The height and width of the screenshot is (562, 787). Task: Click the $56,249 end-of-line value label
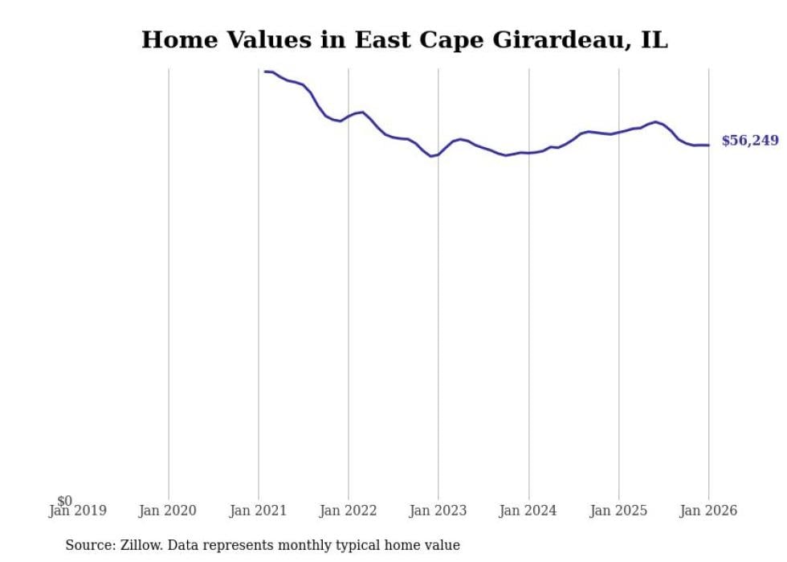749,141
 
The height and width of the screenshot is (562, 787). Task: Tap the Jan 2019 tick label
78,511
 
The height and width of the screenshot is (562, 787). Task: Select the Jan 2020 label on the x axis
168,511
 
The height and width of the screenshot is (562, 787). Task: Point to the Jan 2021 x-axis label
258,511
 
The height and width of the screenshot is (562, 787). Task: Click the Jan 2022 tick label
348,511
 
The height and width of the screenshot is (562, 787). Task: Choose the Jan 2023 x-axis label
438,511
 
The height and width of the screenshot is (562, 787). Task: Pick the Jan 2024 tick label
528,511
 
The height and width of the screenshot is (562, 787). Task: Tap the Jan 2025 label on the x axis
618,511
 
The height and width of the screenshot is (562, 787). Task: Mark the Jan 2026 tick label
707,511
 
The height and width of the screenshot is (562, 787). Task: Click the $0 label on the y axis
64,501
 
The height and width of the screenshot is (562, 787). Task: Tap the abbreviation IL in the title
654,39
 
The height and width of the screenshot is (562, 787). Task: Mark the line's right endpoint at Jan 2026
708,145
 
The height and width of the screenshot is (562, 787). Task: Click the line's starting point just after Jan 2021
265,72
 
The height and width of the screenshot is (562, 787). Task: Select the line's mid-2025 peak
656,122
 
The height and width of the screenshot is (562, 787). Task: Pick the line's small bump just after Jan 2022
362,112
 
